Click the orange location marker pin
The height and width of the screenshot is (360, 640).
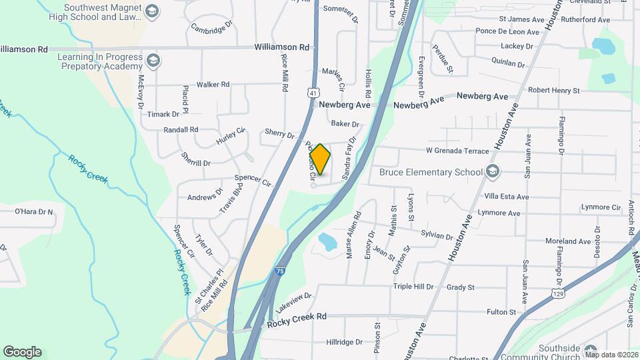[x=320, y=159]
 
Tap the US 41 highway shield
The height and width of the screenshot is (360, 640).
[x=312, y=94]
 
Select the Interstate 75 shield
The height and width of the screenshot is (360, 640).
[x=281, y=272]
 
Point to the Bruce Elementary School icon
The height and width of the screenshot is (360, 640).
[x=493, y=172]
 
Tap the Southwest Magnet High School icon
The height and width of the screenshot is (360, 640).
[x=152, y=11]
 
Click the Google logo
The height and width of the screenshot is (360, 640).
[x=22, y=352]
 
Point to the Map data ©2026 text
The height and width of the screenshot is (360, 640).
[x=611, y=355]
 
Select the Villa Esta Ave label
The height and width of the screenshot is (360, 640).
[x=506, y=197]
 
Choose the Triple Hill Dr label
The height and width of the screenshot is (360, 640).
[x=413, y=287]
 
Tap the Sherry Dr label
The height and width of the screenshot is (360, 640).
[x=279, y=135]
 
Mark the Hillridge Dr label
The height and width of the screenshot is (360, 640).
[x=345, y=342]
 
